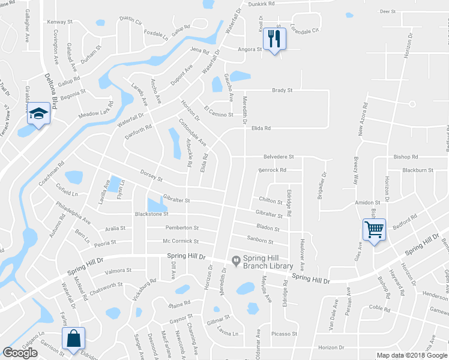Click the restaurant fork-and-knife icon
coord(275,39)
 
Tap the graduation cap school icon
coord(38,113)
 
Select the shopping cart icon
coord(373,229)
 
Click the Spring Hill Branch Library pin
coord(236,260)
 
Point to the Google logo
coord(20,353)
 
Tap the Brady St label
coord(282,91)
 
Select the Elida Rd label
coord(261,128)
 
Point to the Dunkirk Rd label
coord(262,4)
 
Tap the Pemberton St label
coord(182,228)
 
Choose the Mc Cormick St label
coord(181,241)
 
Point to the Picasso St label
coord(285,334)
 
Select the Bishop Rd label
coord(406,157)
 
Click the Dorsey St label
coord(151,178)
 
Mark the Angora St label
coord(250,49)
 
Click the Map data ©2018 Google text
coord(411,355)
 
